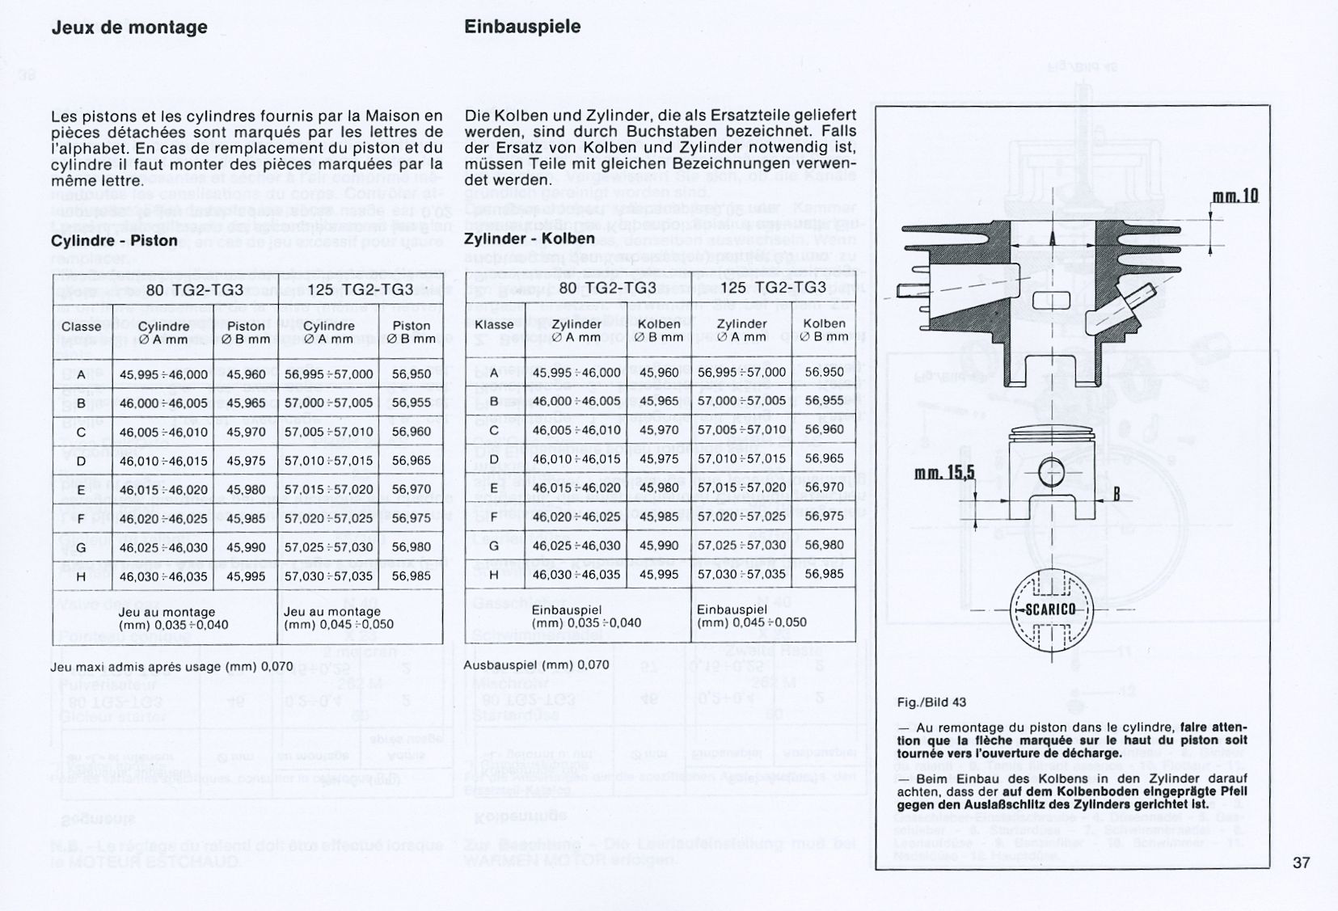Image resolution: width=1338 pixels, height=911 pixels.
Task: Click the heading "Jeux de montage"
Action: point(129,27)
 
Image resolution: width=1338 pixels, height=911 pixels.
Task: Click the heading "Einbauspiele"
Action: point(522,27)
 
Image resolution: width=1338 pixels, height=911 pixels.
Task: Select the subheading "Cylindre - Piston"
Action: point(114,241)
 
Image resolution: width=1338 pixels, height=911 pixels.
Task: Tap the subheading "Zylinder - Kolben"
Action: point(529,238)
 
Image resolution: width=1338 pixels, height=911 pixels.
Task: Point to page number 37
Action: point(1301,862)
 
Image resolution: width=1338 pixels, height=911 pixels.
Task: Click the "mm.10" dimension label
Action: point(1235,196)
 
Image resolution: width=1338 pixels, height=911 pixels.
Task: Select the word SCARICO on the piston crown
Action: point(1050,609)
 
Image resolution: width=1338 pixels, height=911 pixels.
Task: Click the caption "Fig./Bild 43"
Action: point(931,702)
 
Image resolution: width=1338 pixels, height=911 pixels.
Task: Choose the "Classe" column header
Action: point(82,327)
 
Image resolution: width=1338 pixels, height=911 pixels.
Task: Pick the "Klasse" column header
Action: point(495,324)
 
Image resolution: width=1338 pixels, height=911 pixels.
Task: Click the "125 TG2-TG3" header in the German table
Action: point(773,289)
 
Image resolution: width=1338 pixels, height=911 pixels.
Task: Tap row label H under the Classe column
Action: point(82,577)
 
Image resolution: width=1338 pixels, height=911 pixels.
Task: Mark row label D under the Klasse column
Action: point(495,459)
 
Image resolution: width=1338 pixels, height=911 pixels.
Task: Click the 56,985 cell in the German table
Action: point(824,574)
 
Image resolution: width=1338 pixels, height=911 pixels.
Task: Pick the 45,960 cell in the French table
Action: point(246,375)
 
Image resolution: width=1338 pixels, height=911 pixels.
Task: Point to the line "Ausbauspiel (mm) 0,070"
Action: point(537,665)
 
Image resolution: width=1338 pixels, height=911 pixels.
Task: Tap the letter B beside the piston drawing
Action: point(1116,492)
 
